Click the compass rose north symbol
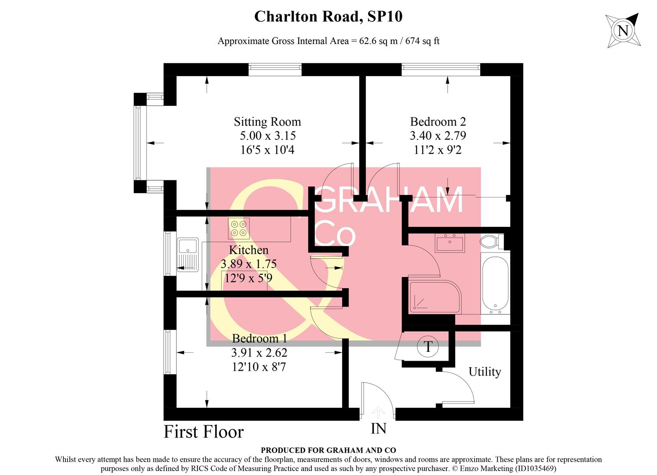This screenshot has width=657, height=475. click(x=623, y=30)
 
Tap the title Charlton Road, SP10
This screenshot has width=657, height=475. click(x=328, y=17)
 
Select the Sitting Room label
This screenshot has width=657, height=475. click(x=267, y=122)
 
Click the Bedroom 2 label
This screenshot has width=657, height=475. click(x=438, y=122)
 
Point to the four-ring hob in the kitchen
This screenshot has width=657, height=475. click(x=239, y=228)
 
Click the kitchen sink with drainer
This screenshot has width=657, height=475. click(x=188, y=255)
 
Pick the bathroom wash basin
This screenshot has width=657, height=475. click(x=449, y=243)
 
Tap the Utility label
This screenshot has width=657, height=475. click(x=485, y=372)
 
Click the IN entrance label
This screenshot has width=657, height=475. click(x=378, y=428)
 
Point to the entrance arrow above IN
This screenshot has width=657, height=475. click(x=378, y=413)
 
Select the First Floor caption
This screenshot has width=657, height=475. click(x=204, y=432)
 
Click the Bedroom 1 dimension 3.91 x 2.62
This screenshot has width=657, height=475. click(x=259, y=353)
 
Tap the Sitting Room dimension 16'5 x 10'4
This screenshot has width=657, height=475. click(x=267, y=150)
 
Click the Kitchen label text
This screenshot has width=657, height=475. click(x=248, y=250)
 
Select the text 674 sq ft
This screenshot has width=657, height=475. click(x=422, y=41)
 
